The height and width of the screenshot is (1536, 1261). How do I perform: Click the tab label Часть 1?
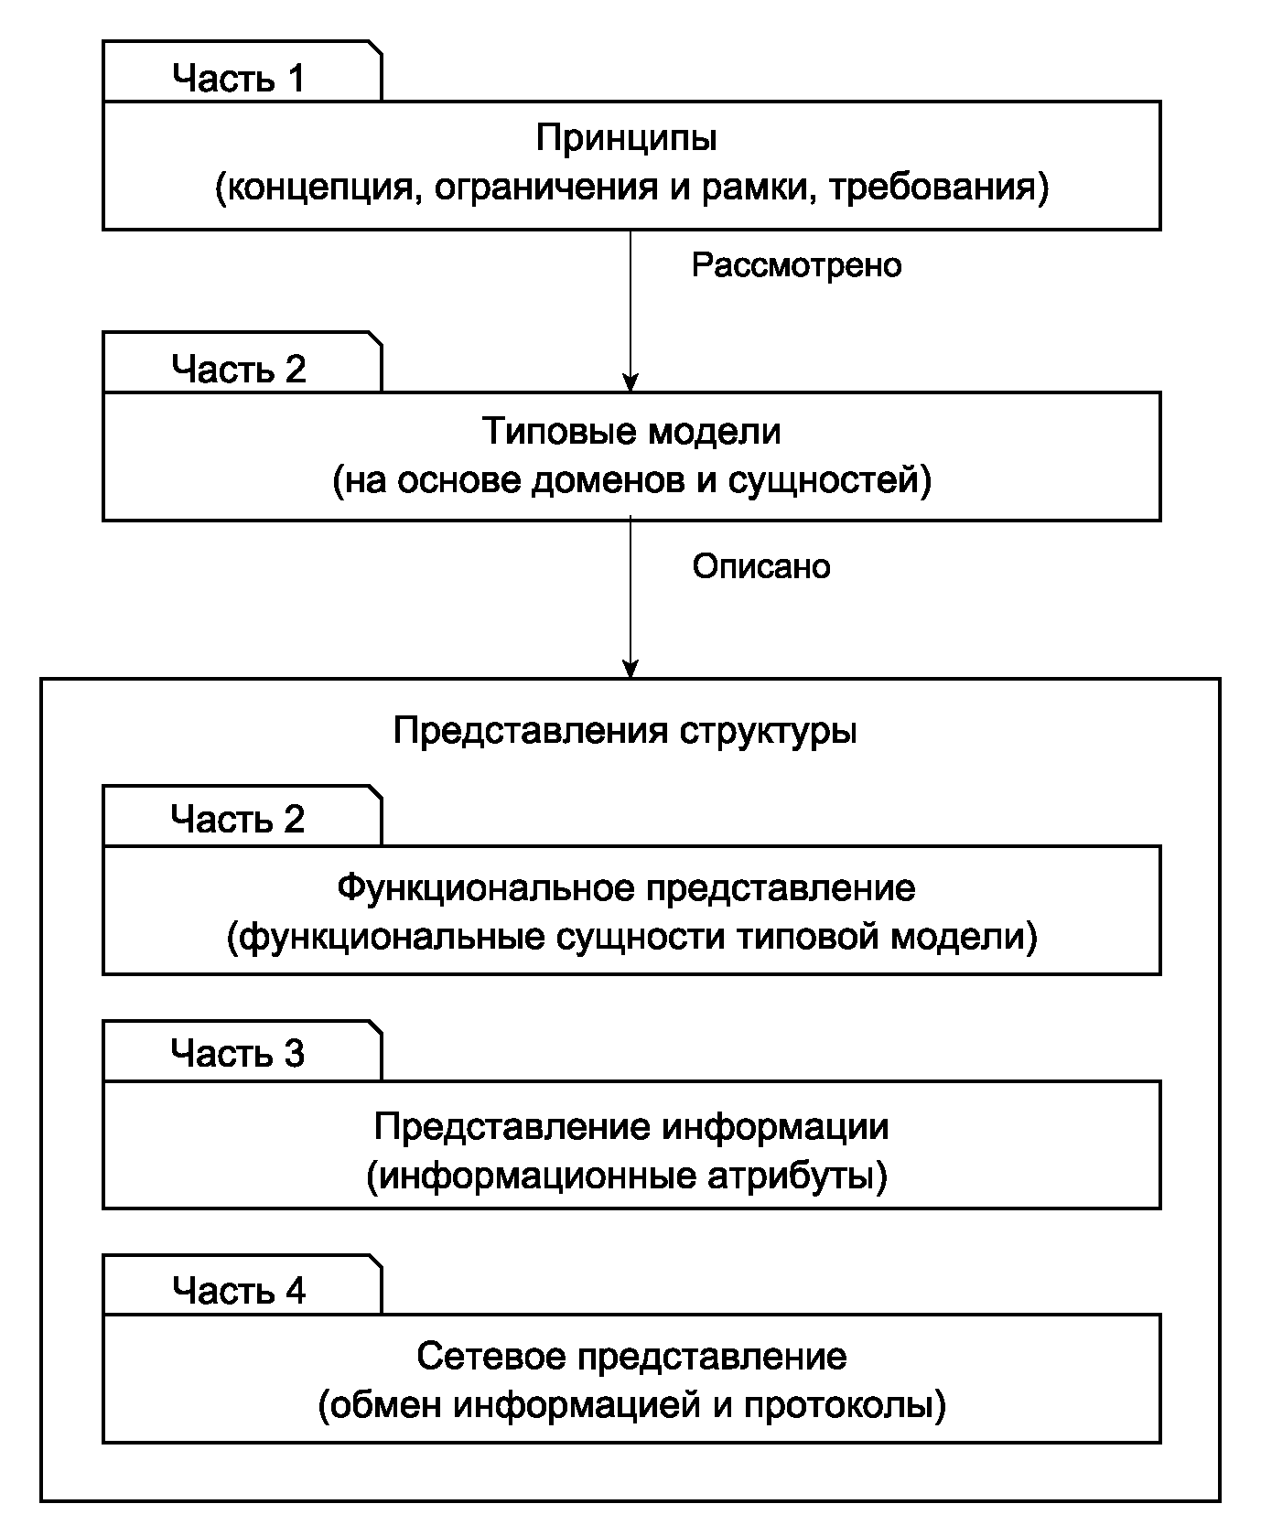point(239,79)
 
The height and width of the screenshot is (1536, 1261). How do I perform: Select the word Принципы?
point(627,138)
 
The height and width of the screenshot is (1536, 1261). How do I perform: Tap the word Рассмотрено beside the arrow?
point(797,265)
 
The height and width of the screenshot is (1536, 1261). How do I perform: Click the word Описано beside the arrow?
point(761,567)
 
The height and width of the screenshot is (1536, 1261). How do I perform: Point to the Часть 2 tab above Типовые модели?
point(239,370)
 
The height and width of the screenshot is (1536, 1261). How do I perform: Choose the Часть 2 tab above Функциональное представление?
point(238,819)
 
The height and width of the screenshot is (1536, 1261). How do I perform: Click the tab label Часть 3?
point(238,1054)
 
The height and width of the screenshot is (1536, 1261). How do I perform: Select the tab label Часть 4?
point(239,1291)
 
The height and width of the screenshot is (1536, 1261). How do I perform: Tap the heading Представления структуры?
point(626,732)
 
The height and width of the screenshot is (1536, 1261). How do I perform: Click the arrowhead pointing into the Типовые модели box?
point(630,382)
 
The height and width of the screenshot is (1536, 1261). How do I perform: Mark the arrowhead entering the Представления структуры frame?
point(630,669)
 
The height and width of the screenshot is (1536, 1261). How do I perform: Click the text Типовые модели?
point(631,431)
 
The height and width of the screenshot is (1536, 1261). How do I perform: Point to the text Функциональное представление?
point(627,888)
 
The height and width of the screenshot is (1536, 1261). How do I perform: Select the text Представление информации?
point(631,1126)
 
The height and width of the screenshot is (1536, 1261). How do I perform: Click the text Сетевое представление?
point(631,1357)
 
